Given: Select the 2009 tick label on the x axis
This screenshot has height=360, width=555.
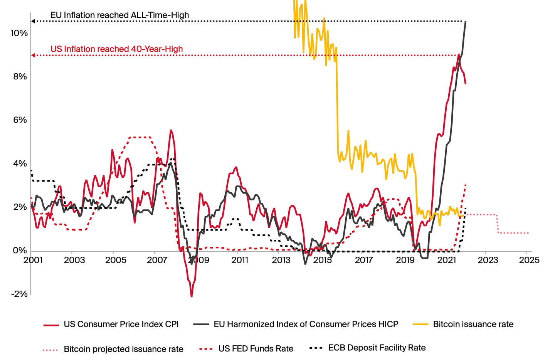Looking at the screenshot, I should [x=199, y=260].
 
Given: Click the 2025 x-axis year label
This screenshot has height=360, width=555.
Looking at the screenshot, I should [x=529, y=260].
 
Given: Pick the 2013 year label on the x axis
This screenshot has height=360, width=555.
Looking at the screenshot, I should [x=281, y=260].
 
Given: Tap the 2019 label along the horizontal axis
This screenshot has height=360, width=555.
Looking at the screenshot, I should [x=405, y=260].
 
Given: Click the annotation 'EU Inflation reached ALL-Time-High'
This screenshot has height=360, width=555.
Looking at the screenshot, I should [x=120, y=15].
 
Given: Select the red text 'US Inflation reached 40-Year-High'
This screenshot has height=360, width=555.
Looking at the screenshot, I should [x=117, y=49].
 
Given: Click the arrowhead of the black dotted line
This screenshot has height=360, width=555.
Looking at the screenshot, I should [x=33, y=21].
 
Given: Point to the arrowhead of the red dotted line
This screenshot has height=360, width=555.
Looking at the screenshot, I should [x=33, y=56].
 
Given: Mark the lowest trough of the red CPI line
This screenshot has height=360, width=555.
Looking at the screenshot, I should [x=192, y=296].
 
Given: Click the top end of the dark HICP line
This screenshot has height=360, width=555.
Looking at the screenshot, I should [x=466, y=22].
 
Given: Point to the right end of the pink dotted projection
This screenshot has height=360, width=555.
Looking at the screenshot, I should [x=528, y=233].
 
